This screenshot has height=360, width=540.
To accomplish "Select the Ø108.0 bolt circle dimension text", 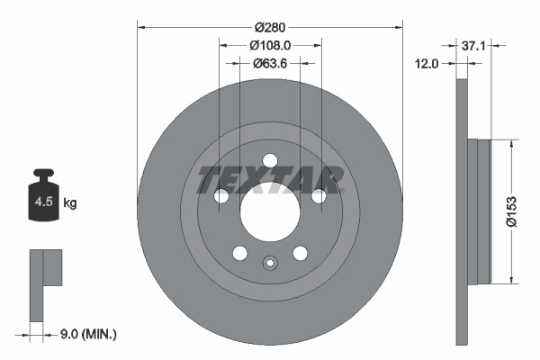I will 270,42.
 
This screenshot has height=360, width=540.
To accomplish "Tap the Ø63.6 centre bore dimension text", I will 270,63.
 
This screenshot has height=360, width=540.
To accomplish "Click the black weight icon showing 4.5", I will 44,197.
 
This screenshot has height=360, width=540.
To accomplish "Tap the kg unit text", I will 70,203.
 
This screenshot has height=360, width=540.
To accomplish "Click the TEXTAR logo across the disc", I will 270,180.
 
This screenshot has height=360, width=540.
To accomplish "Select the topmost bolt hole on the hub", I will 269,160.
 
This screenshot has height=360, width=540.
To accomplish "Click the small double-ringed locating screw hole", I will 269,264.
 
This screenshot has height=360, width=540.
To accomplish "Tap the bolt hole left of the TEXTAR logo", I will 220,196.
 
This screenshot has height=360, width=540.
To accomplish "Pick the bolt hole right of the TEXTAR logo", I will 319,196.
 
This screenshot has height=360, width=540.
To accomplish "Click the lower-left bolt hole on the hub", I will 239,254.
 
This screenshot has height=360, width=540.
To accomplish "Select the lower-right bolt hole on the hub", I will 300,254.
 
